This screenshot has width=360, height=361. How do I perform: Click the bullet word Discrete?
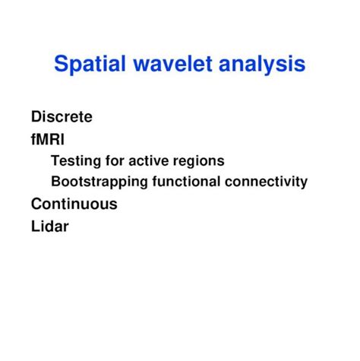coord(62,117)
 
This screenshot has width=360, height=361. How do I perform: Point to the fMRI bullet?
coord(48,139)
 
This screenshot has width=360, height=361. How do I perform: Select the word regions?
coord(200,162)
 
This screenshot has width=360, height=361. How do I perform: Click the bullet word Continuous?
coord(74,204)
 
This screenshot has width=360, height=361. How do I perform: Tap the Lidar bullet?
coord(49,226)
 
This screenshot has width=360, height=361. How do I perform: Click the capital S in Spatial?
coord(61,64)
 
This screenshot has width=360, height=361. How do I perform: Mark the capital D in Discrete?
coord(36,117)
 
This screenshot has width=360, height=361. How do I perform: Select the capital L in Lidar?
coord(35,226)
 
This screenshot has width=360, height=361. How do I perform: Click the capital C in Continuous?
coord(36,204)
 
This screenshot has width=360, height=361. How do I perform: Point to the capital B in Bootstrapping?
coord(55,182)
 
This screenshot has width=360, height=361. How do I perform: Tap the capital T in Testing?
coord(55,161)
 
